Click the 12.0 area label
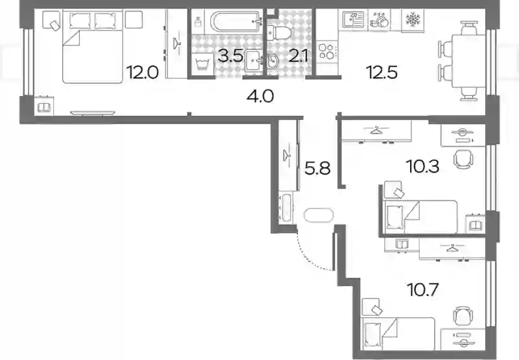tap(143, 73)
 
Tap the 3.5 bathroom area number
tap(231, 56)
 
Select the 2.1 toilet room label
tap(298, 56)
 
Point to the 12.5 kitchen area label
tap(381, 72)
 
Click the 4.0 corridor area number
tap(260, 96)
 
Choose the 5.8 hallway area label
tap(318, 169)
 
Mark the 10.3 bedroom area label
tap(424, 166)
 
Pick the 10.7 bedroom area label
tap(424, 290)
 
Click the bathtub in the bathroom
tap(236, 21)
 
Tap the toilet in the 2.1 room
tap(279, 32)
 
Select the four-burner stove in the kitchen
tap(327, 52)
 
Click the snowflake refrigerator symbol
tap(413, 20)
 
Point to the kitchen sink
tap(353, 20)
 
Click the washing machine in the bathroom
tap(202, 64)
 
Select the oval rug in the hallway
tap(319, 215)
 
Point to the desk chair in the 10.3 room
tap(463, 159)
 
